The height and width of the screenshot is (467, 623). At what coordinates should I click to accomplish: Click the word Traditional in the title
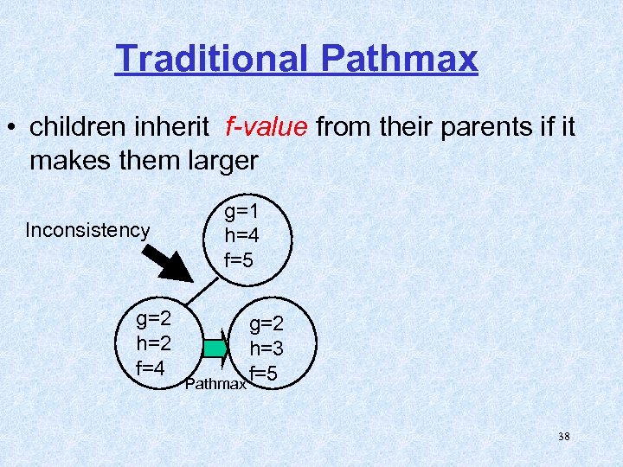[212, 59]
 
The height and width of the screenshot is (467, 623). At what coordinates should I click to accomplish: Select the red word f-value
[266, 127]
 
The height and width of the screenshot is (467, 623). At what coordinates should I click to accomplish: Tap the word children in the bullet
[82, 127]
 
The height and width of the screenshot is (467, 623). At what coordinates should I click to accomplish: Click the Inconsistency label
[87, 230]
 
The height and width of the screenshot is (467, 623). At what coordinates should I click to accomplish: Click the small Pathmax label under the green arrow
[216, 383]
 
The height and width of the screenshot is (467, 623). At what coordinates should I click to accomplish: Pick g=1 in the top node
[243, 211]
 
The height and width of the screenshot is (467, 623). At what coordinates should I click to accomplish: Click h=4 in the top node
[242, 235]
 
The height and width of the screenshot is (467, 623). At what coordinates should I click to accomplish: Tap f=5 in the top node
[240, 259]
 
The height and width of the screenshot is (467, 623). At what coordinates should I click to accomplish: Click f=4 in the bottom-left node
[151, 368]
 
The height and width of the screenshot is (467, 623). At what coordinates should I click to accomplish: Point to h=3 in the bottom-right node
[267, 349]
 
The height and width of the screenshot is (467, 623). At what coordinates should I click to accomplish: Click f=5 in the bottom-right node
[263, 374]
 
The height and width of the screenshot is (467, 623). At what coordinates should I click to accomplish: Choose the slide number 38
[563, 437]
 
